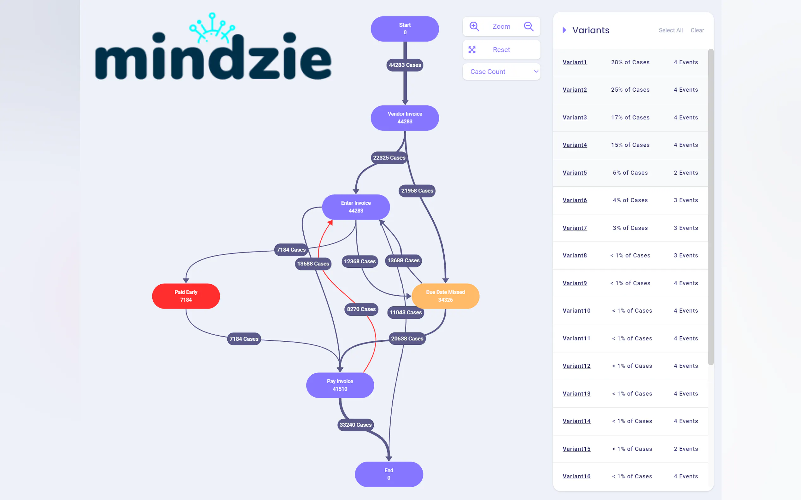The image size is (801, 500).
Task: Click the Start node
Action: pos(405,29)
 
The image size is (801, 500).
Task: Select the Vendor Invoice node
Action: pos(405,118)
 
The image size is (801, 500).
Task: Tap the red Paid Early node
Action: pos(186,296)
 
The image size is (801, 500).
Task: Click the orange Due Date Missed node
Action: pos(445,296)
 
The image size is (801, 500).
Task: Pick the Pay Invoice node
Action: pos(340,385)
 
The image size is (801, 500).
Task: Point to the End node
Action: pos(389,474)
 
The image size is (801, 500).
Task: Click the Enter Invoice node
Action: pos(356,207)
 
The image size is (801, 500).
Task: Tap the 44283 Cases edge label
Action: pos(405,65)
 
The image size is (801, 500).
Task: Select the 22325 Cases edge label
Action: pos(389,158)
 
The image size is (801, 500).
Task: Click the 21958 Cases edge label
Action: pos(417,191)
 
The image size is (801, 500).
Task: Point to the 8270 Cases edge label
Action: pos(361,309)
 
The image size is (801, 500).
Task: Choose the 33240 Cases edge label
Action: pos(355,425)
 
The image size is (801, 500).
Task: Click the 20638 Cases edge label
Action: pos(407,338)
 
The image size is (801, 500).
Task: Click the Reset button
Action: pos(501,50)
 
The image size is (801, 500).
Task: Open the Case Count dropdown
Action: pos(501,72)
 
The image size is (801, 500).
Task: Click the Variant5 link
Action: pos(575,173)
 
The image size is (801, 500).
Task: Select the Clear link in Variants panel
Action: pos(697,31)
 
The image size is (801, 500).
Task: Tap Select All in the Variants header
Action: pos(670,31)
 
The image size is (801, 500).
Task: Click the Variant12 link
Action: pos(576,366)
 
